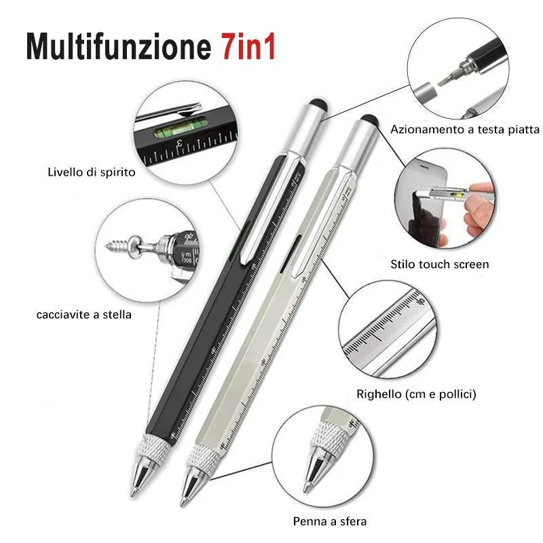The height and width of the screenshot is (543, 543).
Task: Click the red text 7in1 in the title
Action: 248,47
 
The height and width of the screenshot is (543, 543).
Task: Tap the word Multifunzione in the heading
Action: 119,47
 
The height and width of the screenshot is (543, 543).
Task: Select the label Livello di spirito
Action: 92,172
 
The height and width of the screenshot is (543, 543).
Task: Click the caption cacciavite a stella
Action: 83,314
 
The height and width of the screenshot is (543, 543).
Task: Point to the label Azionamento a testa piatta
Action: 465,130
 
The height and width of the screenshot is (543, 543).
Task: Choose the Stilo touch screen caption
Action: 439,264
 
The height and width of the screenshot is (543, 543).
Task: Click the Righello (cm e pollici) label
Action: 416,394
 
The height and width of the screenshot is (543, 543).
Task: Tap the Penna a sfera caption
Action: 330,521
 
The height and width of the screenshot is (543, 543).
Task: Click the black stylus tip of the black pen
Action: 318,103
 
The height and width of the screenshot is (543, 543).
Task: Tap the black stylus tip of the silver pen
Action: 369,119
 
